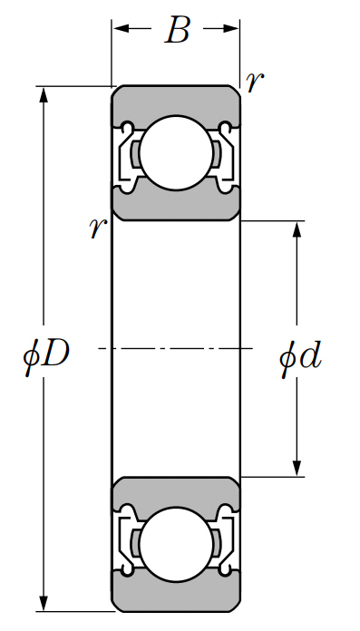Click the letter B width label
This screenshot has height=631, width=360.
177,30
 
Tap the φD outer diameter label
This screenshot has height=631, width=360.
46,355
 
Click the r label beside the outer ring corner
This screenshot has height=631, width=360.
255,83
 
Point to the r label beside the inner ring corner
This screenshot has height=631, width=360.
97,228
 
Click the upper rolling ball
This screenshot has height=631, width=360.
176,153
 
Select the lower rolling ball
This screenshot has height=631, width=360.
176,545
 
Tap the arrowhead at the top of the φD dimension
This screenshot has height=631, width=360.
44,95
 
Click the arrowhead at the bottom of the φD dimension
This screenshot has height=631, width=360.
44,602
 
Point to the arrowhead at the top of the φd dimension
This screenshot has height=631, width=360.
297,229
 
